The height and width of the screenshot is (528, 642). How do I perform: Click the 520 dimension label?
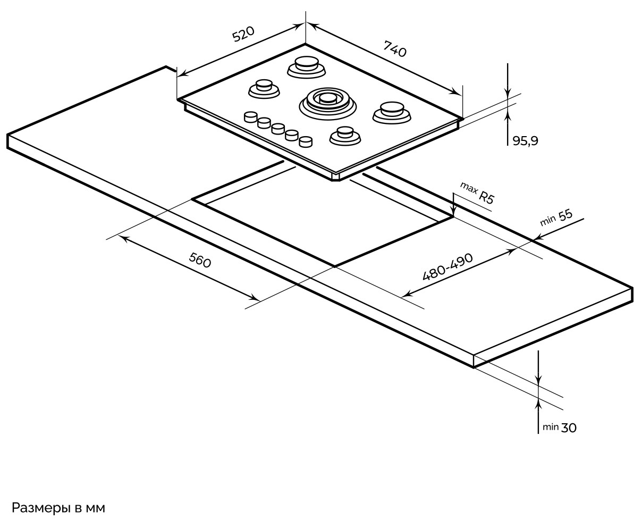tap(244, 35)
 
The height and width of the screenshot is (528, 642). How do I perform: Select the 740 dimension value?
tap(394, 49)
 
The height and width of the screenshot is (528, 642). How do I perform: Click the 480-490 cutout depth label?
tap(447, 266)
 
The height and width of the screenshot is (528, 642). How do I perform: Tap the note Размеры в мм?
tap(58, 508)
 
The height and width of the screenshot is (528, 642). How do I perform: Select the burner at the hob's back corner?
tap(306, 66)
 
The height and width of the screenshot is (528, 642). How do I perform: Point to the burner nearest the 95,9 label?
tap(392, 110)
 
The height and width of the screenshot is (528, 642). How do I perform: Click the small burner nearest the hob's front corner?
tap(345, 135)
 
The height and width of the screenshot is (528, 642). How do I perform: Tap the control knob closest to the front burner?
tap(305, 141)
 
